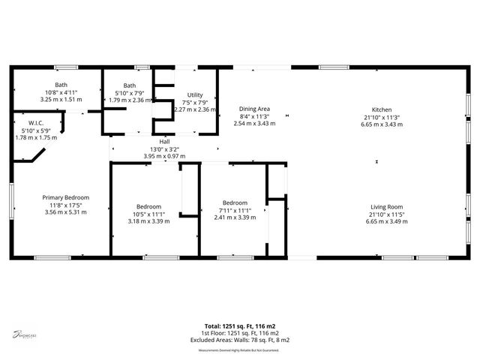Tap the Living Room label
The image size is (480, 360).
(386, 207)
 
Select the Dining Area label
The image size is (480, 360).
(254, 109)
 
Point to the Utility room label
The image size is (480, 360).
(195, 94)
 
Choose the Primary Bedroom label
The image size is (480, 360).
(65, 196)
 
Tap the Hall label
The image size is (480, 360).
(164, 142)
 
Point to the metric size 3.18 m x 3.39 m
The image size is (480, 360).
(148, 221)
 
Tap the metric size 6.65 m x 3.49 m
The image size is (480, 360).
(386, 221)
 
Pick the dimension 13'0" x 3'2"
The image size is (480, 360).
(164, 148)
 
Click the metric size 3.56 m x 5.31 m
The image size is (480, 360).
(65, 211)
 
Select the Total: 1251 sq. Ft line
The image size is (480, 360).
(240, 326)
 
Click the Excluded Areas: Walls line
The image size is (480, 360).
(240, 340)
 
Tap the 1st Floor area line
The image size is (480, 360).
(240, 333)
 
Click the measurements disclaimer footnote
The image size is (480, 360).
(238, 350)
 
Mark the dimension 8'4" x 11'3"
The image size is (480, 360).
(254, 116)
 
